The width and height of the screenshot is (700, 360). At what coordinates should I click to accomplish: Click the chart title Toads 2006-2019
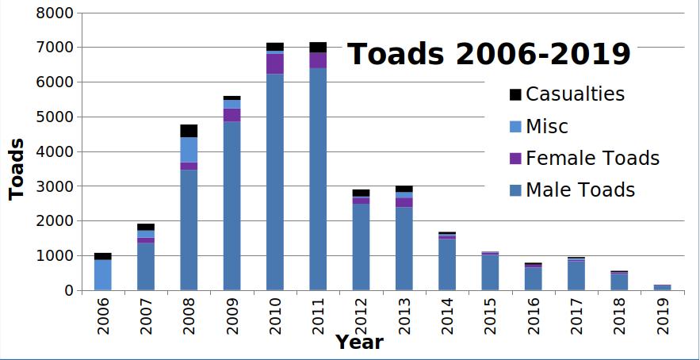pos(489,54)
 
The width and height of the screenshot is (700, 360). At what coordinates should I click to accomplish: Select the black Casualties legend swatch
pos(515,94)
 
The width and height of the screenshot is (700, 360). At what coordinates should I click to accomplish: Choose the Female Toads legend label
pos(592,158)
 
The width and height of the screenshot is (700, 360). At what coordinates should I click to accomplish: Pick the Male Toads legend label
pos(580,190)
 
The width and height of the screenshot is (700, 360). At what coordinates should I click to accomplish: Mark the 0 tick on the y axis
pos(68,291)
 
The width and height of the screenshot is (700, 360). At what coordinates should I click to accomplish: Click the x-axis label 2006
pos(103,316)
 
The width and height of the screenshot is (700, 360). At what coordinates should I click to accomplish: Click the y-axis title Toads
pos(16,169)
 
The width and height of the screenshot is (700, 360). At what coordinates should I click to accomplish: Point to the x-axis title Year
pos(359,343)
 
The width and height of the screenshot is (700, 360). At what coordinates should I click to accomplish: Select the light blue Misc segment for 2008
pos(189,150)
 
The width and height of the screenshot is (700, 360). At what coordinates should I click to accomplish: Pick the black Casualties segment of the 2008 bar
pos(189,131)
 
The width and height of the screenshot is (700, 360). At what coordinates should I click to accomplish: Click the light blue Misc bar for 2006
pos(103,274)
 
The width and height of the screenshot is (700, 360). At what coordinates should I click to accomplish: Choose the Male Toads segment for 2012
pos(361,247)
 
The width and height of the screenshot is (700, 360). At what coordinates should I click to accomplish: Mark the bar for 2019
pos(663,287)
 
